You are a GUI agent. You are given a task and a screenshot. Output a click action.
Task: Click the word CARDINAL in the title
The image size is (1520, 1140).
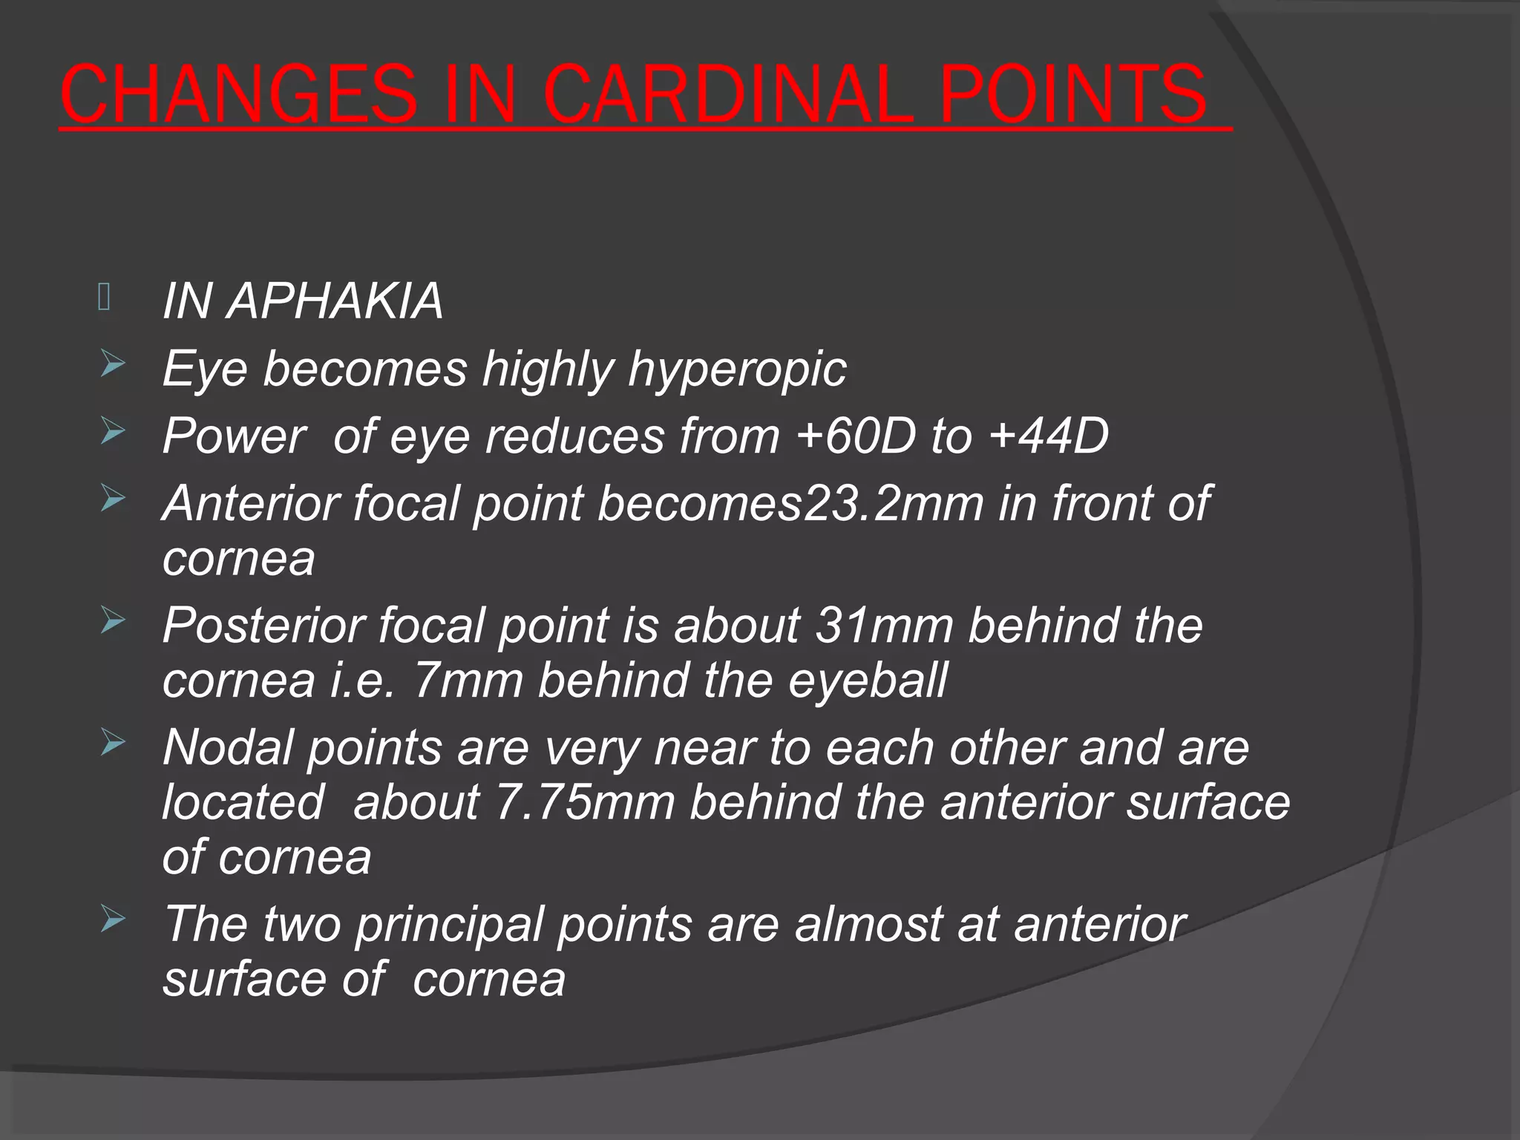point(728,95)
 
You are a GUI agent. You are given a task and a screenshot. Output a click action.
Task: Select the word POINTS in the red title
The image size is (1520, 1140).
point(1073,95)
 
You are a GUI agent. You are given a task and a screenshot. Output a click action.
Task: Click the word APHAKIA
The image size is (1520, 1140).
point(335,301)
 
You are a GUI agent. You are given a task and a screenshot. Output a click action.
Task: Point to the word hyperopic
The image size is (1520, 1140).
point(737,369)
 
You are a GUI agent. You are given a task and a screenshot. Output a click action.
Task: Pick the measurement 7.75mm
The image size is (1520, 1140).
point(585,802)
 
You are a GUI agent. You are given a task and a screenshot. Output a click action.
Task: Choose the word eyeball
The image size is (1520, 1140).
point(868,680)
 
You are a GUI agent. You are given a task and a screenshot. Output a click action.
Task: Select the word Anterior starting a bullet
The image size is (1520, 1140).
point(250,503)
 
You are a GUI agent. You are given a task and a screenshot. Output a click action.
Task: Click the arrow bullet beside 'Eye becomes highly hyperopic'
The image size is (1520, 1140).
point(113,365)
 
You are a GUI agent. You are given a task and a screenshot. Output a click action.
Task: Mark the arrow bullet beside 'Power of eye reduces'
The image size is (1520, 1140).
point(113,432)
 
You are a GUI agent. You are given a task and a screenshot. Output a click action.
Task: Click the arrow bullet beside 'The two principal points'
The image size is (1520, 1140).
point(113,920)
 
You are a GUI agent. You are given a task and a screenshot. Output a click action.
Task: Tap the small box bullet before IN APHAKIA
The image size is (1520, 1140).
point(104,298)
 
